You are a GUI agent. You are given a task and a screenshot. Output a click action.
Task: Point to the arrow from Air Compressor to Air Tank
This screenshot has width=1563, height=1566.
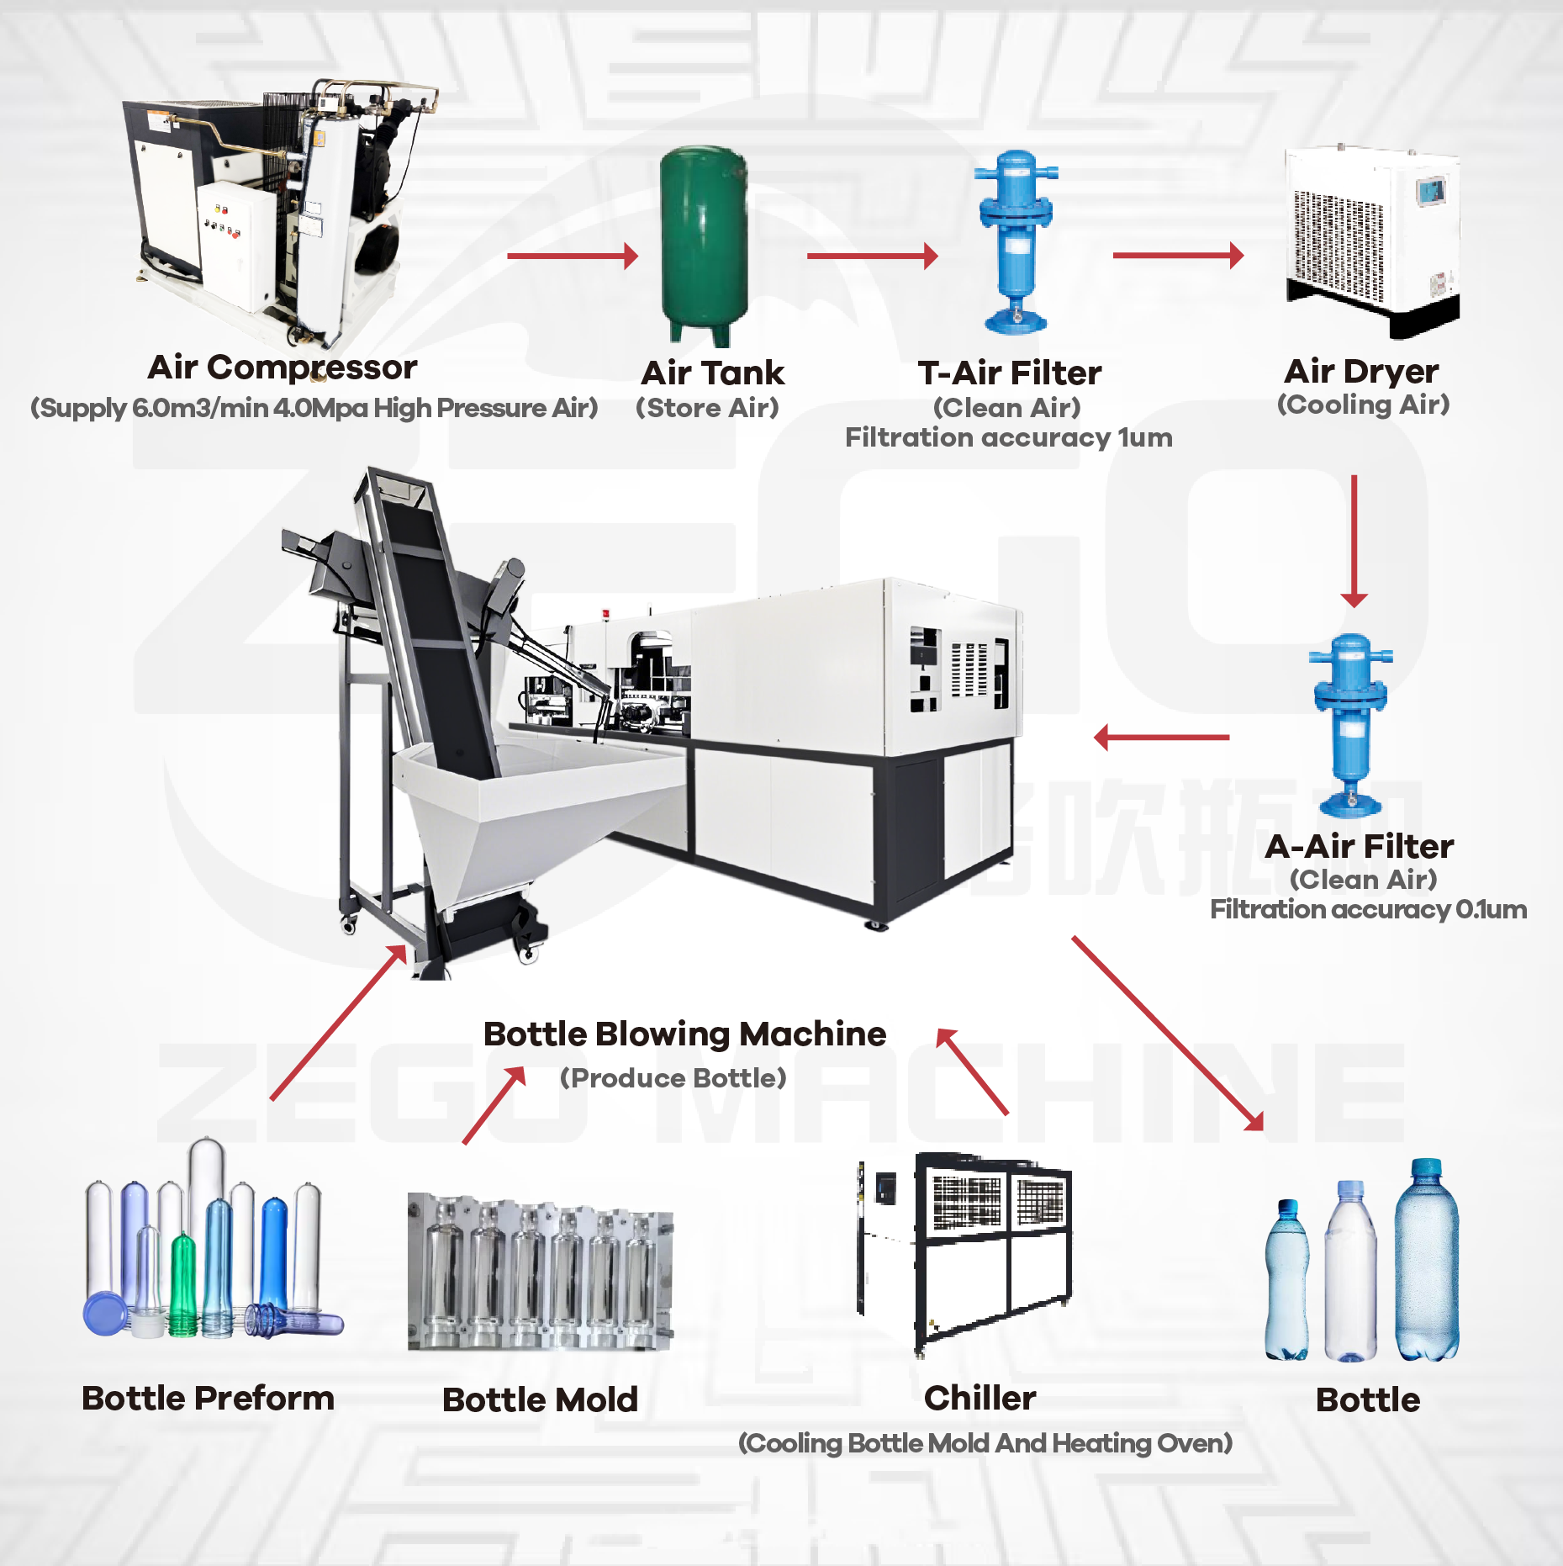(573, 256)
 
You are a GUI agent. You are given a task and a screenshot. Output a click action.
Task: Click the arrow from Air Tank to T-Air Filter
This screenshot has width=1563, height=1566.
(872, 256)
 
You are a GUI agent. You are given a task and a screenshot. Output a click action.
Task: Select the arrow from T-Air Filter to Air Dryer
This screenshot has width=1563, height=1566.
(1178, 255)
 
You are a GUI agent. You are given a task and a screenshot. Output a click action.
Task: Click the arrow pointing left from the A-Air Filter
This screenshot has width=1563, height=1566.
(1161, 738)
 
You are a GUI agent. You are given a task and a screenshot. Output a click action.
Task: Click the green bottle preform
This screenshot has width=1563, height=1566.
(183, 1283)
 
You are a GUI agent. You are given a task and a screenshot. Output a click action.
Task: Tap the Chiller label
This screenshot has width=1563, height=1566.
(980, 1398)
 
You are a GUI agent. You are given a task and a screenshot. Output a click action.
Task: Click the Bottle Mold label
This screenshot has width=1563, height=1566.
(540, 1399)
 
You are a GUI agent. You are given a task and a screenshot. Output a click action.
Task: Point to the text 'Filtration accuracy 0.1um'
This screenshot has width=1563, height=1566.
(1368, 909)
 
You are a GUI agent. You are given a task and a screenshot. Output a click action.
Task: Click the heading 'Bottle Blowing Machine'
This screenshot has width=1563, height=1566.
(684, 1034)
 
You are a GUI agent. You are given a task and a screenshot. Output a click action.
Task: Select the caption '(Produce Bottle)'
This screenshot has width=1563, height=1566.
(673, 1077)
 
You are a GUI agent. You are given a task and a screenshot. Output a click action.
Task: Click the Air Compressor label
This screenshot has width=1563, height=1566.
(283, 368)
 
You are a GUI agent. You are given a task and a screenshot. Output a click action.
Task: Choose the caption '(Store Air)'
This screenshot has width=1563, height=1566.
(707, 408)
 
